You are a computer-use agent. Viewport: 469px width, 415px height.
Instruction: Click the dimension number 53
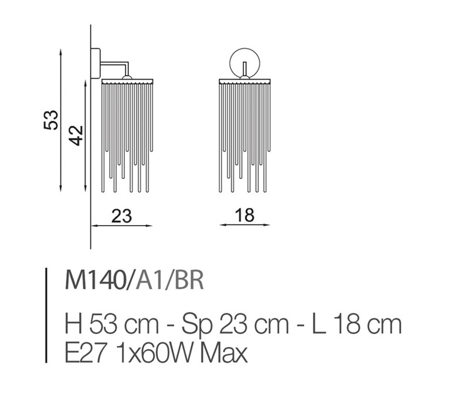click(x=51, y=120)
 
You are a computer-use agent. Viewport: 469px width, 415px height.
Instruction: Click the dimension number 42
click(x=76, y=135)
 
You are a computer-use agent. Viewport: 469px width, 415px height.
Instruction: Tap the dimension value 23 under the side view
click(x=121, y=216)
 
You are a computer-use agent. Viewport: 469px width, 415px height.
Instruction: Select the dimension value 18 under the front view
click(x=244, y=215)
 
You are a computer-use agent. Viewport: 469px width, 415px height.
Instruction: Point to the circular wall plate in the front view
click(x=230, y=63)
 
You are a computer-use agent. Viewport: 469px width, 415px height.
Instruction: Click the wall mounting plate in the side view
click(x=96, y=63)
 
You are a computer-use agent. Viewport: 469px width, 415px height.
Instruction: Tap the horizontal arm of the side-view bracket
click(x=114, y=63)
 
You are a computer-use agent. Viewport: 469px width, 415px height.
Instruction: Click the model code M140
click(x=95, y=280)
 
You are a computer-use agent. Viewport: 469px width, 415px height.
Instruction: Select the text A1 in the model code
click(x=148, y=280)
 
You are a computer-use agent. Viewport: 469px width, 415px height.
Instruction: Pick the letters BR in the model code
click(x=188, y=280)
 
